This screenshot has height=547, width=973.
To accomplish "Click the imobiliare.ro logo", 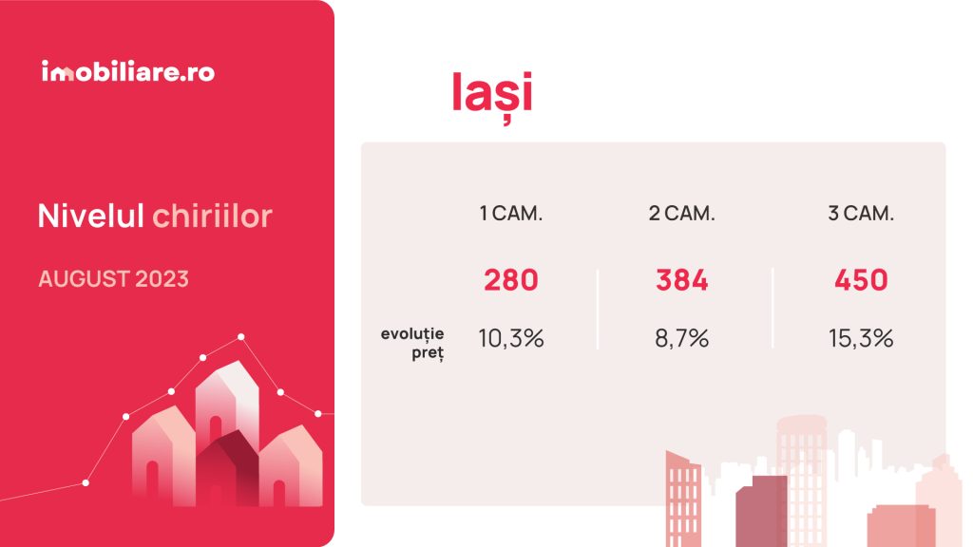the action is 128,71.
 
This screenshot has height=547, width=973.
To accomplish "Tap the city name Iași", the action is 492,94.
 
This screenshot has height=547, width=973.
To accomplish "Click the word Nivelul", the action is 90,216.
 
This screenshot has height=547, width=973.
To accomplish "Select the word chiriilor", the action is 212,216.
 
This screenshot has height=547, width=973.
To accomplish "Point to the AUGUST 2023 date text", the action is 114,279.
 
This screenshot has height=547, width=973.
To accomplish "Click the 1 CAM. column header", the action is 510,214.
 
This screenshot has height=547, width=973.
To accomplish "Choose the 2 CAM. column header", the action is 682,214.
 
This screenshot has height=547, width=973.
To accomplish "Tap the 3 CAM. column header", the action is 861,214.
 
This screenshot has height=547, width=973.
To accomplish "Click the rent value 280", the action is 510,280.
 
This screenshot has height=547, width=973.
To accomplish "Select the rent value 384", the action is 682,280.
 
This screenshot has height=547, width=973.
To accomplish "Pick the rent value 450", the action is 861,280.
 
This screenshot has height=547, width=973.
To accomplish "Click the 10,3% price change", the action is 510,339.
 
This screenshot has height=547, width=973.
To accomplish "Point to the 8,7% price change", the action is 682,339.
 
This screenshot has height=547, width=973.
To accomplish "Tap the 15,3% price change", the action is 861,339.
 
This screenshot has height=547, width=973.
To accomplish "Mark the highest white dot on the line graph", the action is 240,337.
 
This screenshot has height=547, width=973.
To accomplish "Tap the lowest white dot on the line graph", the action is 86,482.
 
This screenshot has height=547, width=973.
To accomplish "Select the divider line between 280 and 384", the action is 598,309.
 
